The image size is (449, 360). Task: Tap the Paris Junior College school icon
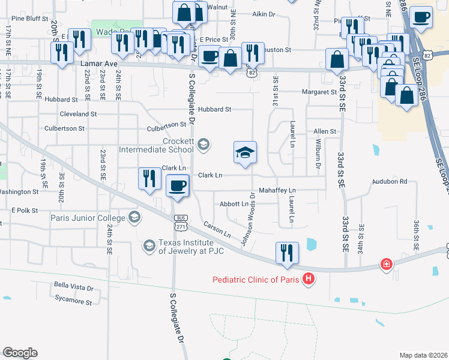tap(134, 217)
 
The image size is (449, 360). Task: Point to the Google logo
tap(20, 352)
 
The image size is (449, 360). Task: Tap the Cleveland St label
tap(78, 113)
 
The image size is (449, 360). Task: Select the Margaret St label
tap(319, 92)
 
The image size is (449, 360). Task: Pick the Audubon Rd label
tap(390, 181)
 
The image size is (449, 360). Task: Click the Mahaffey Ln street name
tap(277, 190)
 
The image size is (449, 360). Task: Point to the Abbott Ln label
tap(234, 204)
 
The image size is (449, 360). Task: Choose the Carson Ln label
tap(217, 228)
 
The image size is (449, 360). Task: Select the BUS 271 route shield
tap(179, 223)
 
